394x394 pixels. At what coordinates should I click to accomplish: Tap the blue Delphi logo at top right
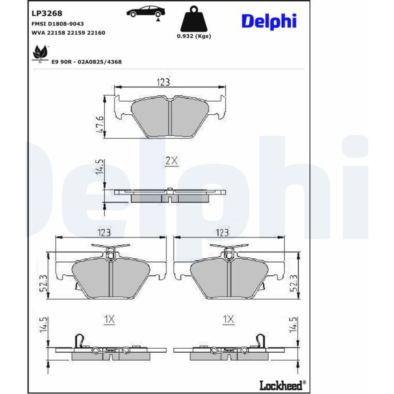269,22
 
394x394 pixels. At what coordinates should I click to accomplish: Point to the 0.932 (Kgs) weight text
194,36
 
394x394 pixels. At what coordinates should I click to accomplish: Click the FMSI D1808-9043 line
58,24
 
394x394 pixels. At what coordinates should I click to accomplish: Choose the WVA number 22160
96,33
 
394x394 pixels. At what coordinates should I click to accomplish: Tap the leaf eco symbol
40,54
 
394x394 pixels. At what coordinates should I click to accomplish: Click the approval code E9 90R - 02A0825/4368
86,62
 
